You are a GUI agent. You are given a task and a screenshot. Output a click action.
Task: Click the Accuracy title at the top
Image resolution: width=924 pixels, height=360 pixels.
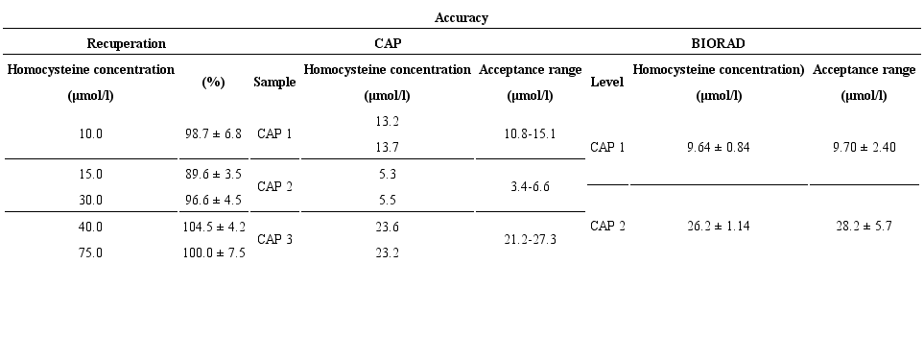462,17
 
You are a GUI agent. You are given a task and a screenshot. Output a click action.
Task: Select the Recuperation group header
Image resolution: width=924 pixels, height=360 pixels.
126,43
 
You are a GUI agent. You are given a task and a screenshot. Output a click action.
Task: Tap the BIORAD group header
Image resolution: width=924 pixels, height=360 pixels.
719,43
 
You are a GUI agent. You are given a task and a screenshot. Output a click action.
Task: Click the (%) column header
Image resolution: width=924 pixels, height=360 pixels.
213,83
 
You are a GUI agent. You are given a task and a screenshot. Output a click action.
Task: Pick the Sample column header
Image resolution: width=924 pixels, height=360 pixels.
274,83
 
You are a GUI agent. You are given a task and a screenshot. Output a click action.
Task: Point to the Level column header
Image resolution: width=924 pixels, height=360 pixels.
606,83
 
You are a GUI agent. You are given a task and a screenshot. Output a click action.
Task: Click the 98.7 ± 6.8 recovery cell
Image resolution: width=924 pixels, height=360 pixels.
213,134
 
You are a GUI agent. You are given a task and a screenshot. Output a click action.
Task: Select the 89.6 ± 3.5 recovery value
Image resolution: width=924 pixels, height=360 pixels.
213,174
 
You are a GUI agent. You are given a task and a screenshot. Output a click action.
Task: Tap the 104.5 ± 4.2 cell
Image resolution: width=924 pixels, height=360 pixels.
213,227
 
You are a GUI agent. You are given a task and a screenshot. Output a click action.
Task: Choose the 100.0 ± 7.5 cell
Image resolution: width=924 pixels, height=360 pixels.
213,252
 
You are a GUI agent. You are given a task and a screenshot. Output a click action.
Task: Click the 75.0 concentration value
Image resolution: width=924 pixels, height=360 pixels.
91,252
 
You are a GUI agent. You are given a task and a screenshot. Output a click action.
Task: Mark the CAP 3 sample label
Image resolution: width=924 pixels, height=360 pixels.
274,240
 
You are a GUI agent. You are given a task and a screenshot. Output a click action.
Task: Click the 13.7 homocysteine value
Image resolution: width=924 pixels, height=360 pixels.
387,147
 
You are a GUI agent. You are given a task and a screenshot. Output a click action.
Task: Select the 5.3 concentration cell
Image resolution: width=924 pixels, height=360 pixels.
387,174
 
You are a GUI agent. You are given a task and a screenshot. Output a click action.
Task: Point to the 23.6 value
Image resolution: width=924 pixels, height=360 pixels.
387,227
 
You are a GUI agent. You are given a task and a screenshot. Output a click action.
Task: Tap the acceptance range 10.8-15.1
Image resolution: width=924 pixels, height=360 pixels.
530,134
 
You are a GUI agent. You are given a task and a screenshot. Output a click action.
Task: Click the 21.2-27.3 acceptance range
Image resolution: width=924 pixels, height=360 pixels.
530,240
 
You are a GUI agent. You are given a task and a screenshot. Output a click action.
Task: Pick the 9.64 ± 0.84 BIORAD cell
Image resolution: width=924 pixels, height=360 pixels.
719,148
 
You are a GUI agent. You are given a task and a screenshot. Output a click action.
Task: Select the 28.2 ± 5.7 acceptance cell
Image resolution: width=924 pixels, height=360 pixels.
865,227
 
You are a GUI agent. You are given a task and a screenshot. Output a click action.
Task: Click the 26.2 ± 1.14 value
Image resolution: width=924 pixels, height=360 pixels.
719,227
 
